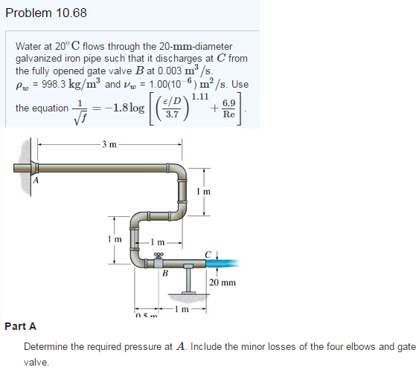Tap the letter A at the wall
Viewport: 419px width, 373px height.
35,177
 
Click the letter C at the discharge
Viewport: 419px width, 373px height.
211,253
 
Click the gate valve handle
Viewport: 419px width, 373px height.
158,253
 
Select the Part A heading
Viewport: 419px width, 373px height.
20,326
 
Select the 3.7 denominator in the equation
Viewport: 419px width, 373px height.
172,116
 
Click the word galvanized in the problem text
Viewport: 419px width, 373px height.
39,58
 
